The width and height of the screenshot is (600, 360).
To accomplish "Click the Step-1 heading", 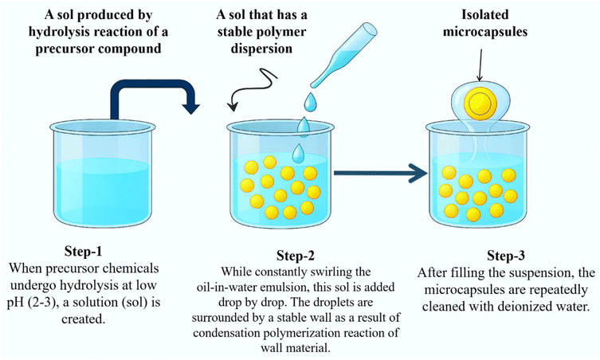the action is click(x=83, y=252).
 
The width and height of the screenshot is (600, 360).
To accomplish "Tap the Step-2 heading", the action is click(x=295, y=256).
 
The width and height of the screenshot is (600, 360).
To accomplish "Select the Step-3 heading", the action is click(x=505, y=256).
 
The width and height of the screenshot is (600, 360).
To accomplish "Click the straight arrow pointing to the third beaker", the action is click(x=381, y=174).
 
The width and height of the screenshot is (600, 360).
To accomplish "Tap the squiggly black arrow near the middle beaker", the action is click(x=252, y=88).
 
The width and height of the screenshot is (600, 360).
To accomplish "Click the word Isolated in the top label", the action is click(x=484, y=14).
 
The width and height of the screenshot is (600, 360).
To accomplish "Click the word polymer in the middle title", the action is click(x=283, y=32).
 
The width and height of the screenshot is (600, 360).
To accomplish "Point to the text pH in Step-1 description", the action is click(x=15, y=302).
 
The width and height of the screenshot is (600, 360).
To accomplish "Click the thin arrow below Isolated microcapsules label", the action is click(x=480, y=65).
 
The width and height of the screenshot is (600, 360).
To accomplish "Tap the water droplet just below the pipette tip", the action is click(x=310, y=100).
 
